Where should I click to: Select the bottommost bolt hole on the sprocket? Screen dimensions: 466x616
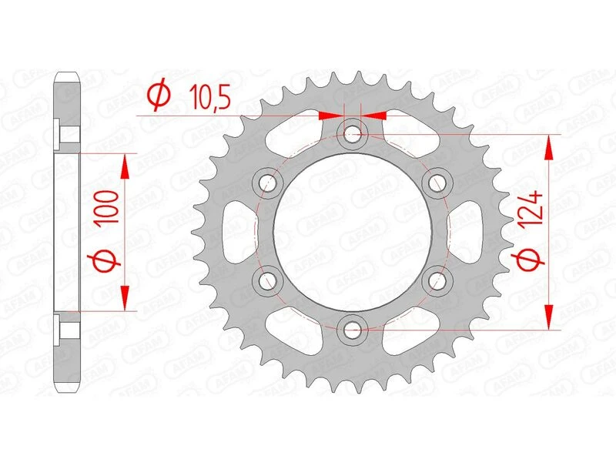point(353,329)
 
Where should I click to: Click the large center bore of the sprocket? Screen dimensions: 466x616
point(353,232)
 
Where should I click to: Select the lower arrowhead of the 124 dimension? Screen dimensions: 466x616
point(548,317)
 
